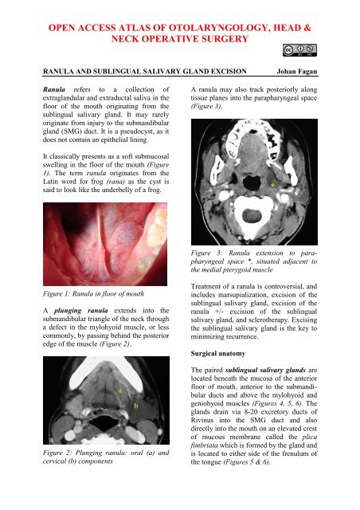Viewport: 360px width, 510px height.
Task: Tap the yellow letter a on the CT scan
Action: (119, 391)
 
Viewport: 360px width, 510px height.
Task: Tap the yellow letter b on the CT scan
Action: (136, 406)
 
